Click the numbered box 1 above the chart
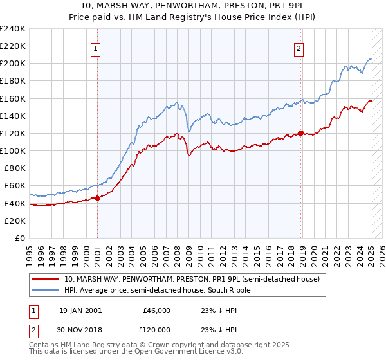coord(95,48)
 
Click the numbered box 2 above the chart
coord(299,48)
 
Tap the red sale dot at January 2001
coord(97,198)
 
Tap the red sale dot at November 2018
coord(300,133)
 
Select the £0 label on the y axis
coord(21,238)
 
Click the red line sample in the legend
coord(44,279)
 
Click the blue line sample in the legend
coord(44,291)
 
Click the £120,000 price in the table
coord(154,329)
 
